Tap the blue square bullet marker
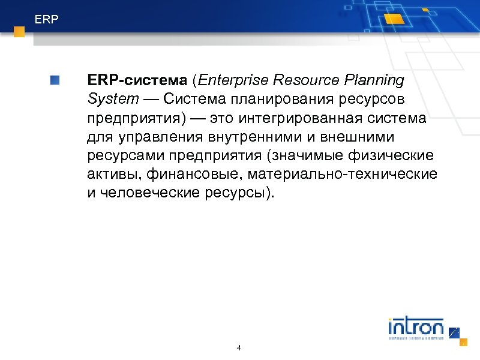pos(55,80)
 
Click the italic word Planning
pos(375,80)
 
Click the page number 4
pos(239,348)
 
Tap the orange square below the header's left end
pos(19,32)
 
